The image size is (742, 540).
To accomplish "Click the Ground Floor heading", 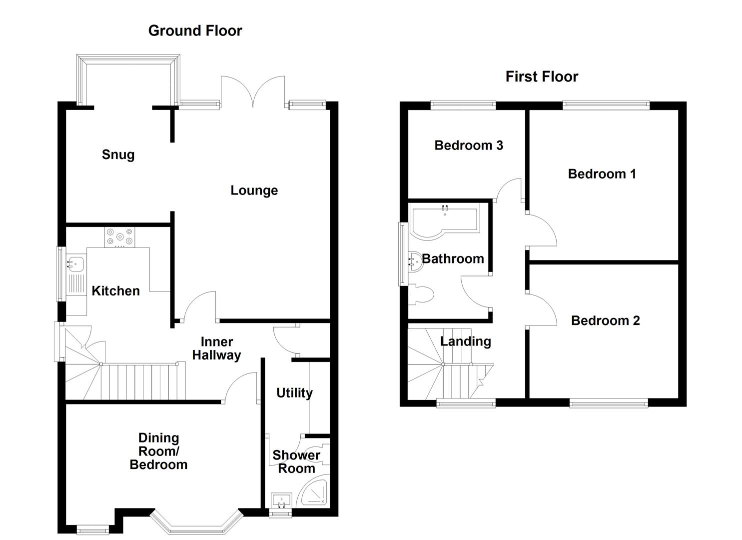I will pyautogui.click(x=195, y=30).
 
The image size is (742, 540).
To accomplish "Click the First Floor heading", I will pyautogui.click(x=542, y=76).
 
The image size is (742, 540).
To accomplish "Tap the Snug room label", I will pyautogui.click(x=118, y=154).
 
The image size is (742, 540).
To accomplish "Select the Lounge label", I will pyautogui.click(x=254, y=190).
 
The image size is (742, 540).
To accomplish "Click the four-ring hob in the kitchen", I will pyautogui.click(x=120, y=237).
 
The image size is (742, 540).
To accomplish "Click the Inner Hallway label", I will pyautogui.click(x=216, y=348).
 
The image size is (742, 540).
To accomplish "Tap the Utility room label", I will pyautogui.click(x=294, y=393).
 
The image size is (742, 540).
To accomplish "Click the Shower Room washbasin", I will pyautogui.click(x=281, y=500).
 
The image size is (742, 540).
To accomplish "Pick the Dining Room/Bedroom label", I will pyautogui.click(x=158, y=451).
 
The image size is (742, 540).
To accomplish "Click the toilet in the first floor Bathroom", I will pyautogui.click(x=423, y=294).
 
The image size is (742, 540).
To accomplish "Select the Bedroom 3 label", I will pyautogui.click(x=468, y=145).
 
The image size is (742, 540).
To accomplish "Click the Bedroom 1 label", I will pyautogui.click(x=602, y=174).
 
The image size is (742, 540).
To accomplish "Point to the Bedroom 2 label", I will pyautogui.click(x=605, y=320).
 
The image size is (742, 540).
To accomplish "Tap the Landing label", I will pyautogui.click(x=465, y=341).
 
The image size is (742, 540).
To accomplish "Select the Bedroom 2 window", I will pyautogui.click(x=609, y=402).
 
